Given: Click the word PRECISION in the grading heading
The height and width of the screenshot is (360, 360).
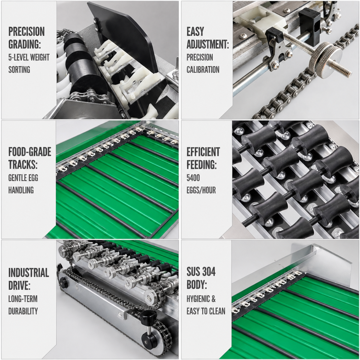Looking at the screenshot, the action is click(x=26, y=31).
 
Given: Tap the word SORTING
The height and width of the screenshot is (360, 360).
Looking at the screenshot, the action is click(x=19, y=69).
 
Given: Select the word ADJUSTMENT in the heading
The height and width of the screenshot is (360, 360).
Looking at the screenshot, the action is click(x=207, y=44).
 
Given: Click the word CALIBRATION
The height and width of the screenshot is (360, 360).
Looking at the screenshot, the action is click(x=203, y=69).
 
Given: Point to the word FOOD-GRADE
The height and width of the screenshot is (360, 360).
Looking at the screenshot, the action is click(x=30, y=152).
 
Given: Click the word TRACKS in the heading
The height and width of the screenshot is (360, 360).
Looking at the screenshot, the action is click(x=22, y=164).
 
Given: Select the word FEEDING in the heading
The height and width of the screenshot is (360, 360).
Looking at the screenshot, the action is click(x=201, y=164).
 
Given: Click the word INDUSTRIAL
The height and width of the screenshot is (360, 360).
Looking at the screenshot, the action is click(x=28, y=273).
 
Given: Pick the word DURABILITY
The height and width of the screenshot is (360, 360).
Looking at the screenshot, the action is click(x=23, y=311).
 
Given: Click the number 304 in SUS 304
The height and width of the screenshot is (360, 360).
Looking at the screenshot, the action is click(x=208, y=272).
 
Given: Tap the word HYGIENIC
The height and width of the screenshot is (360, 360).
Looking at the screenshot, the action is click(x=198, y=299).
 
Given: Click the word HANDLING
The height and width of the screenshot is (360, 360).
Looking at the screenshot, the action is click(x=21, y=190).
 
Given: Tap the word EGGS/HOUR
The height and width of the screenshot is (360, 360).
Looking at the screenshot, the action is click(x=201, y=190).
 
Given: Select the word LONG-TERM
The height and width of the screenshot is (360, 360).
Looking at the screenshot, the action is click(x=23, y=299).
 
